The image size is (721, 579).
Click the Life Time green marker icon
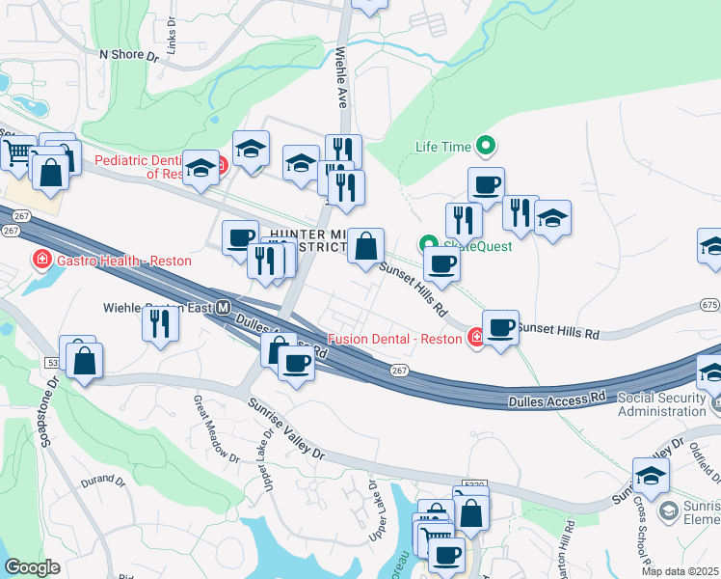[x=487, y=147]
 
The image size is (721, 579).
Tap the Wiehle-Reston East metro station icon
[x=223, y=309]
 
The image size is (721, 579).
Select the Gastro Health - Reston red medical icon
[x=41, y=261]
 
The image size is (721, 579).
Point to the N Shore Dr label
[x=128, y=56]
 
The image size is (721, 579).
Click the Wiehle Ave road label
[x=340, y=78]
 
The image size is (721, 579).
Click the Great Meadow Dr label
[x=216, y=427]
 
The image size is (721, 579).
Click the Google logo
[x=32, y=567]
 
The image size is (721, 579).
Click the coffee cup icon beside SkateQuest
[x=441, y=262]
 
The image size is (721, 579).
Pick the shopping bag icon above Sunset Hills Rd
[x=366, y=246]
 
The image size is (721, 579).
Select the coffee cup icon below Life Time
[x=486, y=184]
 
